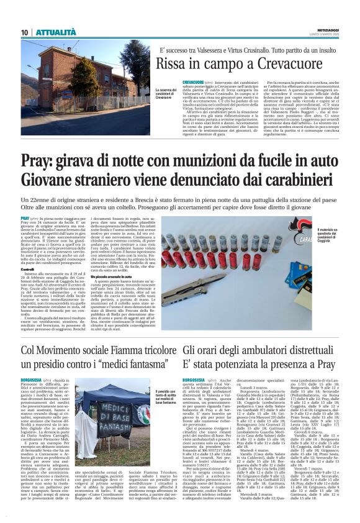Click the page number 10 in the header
click(x=24, y=32)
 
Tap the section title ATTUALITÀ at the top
click(x=55, y=32)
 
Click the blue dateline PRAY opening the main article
click(x=25, y=220)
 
